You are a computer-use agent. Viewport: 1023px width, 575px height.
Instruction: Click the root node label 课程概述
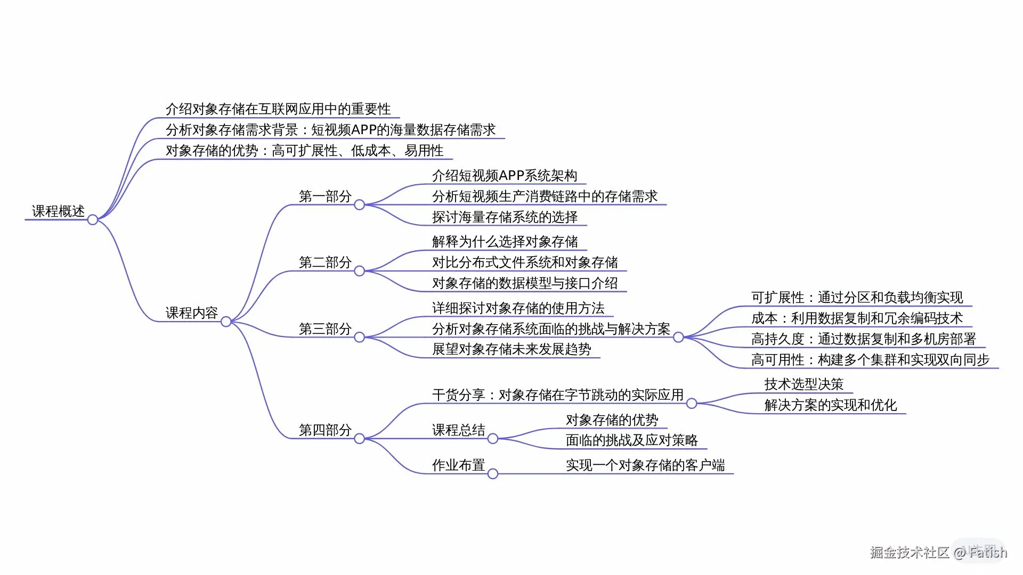click(58, 211)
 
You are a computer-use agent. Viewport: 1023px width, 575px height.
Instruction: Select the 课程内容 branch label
click(192, 313)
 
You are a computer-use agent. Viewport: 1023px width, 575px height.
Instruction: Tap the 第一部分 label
click(325, 196)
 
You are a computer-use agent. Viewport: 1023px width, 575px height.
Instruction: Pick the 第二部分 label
click(325, 262)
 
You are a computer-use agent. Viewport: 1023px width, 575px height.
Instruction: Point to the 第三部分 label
click(325, 329)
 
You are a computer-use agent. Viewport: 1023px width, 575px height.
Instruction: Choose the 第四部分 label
click(325, 430)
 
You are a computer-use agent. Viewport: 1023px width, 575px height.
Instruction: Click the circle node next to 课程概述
click(93, 219)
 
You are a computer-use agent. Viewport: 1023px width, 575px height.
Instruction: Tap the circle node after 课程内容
click(226, 322)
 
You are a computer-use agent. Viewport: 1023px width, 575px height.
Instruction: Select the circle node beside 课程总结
click(493, 439)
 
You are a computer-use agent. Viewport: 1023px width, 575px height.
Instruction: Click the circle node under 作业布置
click(493, 474)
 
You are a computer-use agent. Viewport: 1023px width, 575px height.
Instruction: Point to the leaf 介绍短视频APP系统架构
click(505, 176)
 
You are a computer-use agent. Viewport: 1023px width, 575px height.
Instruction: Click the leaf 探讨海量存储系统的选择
click(505, 217)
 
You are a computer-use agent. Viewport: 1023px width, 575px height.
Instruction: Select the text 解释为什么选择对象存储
click(505, 242)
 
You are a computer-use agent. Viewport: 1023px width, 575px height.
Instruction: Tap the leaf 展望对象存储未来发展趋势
click(511, 349)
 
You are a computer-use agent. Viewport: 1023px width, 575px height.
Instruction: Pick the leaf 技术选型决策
click(804, 384)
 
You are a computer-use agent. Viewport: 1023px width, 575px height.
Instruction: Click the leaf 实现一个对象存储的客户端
click(645, 465)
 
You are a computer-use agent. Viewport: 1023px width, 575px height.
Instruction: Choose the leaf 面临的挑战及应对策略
click(631, 440)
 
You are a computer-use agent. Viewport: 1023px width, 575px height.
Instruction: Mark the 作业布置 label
click(458, 465)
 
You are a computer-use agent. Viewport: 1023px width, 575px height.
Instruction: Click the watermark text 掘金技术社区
click(910, 552)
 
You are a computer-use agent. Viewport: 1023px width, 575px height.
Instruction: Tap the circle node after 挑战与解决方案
click(678, 337)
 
